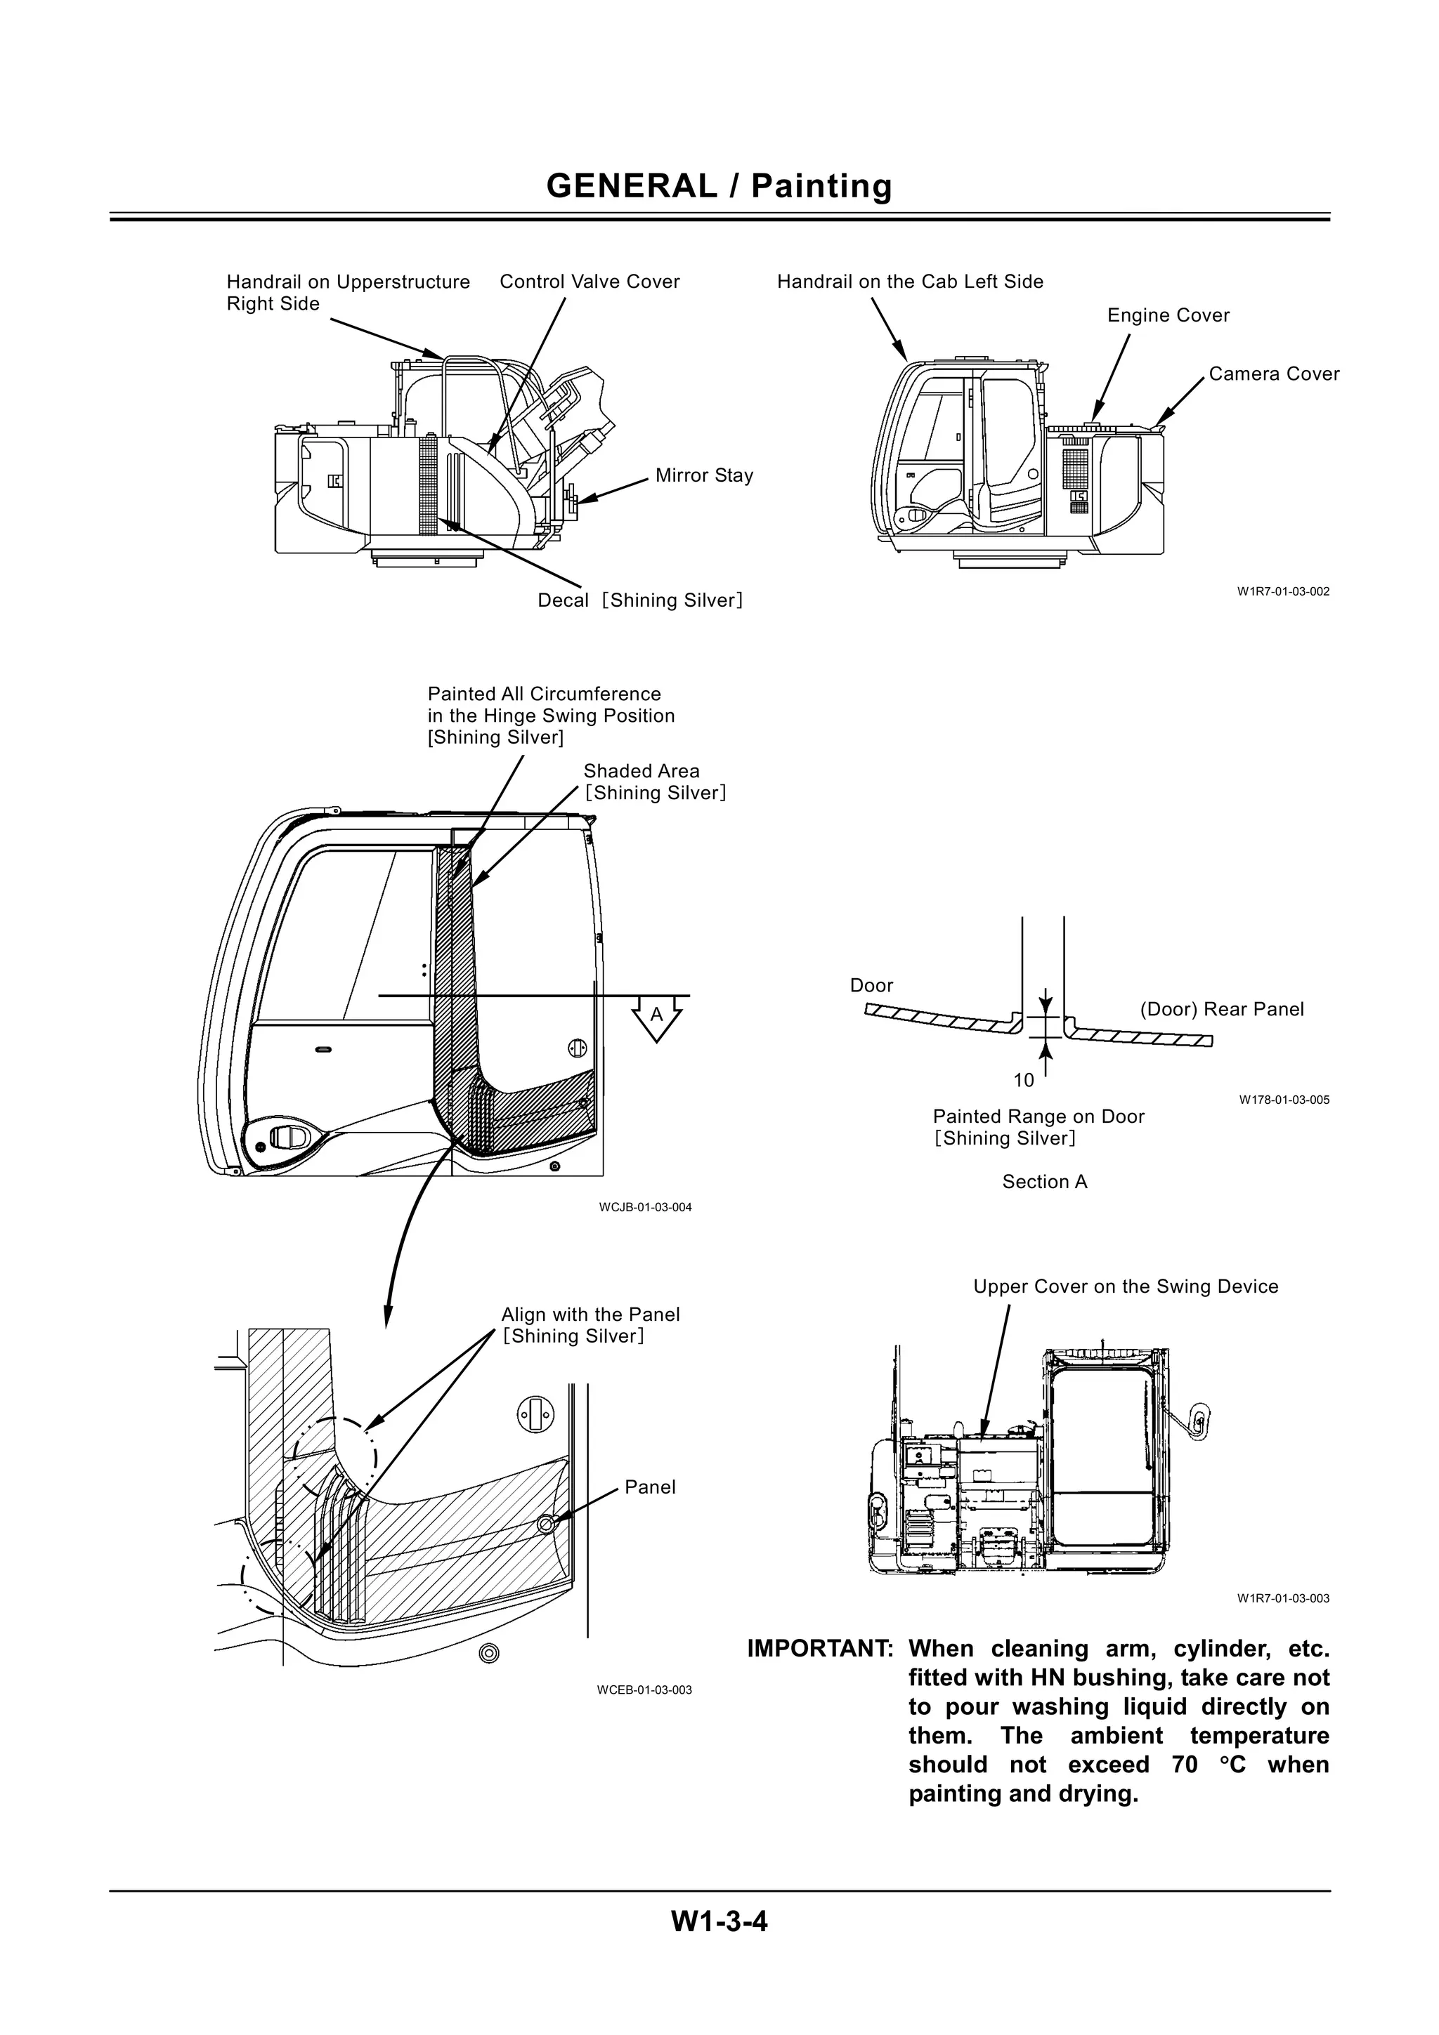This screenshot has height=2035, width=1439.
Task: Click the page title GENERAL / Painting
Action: tap(719, 186)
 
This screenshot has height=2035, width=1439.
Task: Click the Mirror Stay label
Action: tap(704, 475)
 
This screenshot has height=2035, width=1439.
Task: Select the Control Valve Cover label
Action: tap(590, 282)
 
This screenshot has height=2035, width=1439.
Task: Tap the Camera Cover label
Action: tap(1273, 374)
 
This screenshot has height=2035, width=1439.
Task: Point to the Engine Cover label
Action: tap(1168, 315)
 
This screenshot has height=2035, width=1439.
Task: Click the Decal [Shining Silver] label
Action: tap(639, 601)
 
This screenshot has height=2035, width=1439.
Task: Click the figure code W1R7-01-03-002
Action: tap(1283, 591)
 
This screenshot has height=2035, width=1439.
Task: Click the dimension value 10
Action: tap(1023, 1081)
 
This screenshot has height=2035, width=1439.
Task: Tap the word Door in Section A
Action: tap(871, 986)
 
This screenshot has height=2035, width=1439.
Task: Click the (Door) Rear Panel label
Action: tap(1221, 1010)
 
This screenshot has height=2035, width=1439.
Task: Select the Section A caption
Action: tap(1044, 1182)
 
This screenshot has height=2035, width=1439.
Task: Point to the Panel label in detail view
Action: tap(649, 1487)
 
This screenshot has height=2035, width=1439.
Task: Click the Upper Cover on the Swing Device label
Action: tap(1125, 1287)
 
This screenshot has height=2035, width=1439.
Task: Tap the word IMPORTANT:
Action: tap(819, 1649)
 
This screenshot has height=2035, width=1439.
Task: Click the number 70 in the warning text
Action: tap(1185, 1765)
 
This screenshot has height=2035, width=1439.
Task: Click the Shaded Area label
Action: tap(641, 771)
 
